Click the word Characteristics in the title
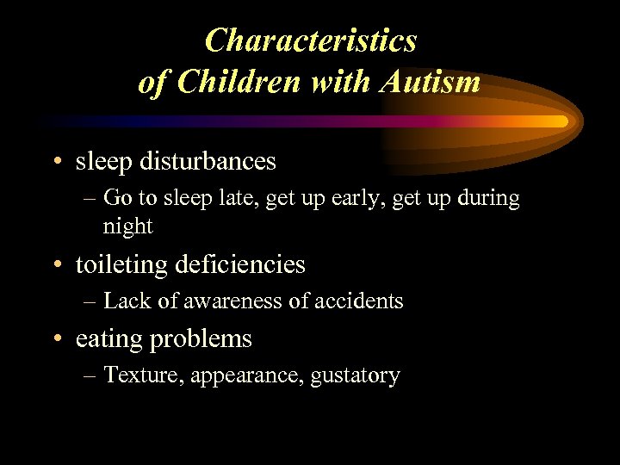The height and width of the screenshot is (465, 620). coord(311,40)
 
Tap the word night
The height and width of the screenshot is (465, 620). coord(127,226)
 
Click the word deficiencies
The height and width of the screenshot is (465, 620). coord(239,264)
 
